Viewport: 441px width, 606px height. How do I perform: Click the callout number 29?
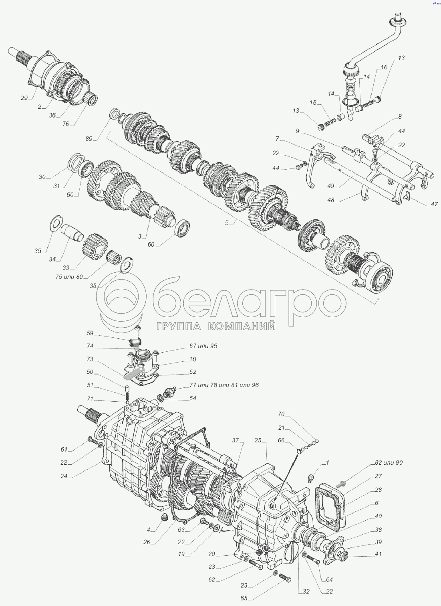point(24,98)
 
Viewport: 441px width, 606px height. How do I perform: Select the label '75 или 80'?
point(69,277)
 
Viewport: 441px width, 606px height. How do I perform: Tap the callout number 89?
point(89,139)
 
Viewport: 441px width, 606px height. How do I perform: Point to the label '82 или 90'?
point(389,462)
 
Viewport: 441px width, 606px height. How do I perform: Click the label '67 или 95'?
point(203,346)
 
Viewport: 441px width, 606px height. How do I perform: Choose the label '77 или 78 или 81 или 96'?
point(224,385)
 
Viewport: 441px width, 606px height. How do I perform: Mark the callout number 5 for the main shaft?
point(227,223)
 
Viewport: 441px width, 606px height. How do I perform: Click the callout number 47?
point(435,204)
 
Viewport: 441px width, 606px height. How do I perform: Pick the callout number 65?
point(244,598)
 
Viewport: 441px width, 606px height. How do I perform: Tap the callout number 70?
point(281,414)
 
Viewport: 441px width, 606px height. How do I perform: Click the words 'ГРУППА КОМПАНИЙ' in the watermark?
point(216,326)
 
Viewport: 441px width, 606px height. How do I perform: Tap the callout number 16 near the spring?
point(384,67)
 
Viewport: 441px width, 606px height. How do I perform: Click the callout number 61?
point(64,450)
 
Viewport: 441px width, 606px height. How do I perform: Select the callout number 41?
point(378,554)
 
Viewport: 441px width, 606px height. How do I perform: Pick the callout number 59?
point(90,333)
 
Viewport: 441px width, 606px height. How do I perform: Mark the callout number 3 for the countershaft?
point(140,236)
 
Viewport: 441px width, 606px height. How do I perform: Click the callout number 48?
point(331,200)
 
